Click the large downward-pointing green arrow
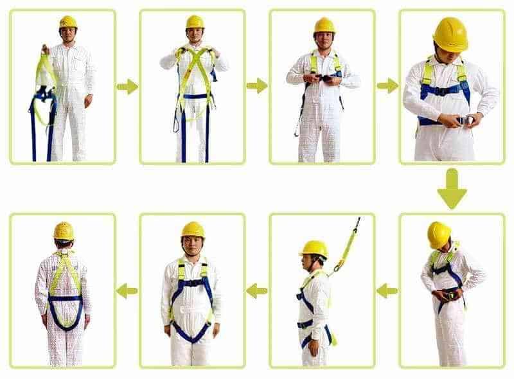tap(452, 188)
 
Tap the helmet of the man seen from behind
tap(64, 231)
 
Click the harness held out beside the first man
tap(44, 96)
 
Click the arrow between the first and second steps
tap(127, 86)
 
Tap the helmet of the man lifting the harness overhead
tap(195, 22)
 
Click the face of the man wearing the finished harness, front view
tap(192, 245)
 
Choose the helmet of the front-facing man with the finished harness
tap(192, 229)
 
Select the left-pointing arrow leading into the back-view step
tap(127, 290)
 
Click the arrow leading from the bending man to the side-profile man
tap(387, 290)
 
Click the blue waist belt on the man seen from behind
tap(65, 298)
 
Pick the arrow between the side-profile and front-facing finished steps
tap(257, 290)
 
